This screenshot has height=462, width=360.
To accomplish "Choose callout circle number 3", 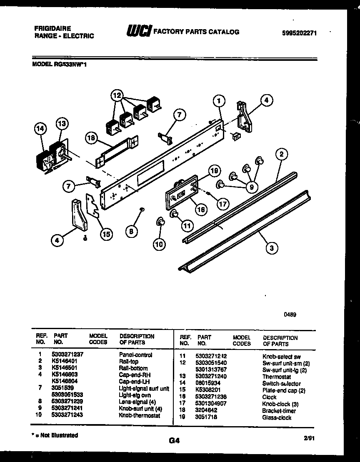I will coord(272,249).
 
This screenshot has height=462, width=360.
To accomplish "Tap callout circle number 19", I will coord(214,170).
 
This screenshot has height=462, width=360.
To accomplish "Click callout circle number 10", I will coord(159,245).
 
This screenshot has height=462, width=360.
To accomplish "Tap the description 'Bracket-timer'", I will coord(279,411).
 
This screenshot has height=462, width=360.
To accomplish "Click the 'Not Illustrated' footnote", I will coord(55,435).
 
